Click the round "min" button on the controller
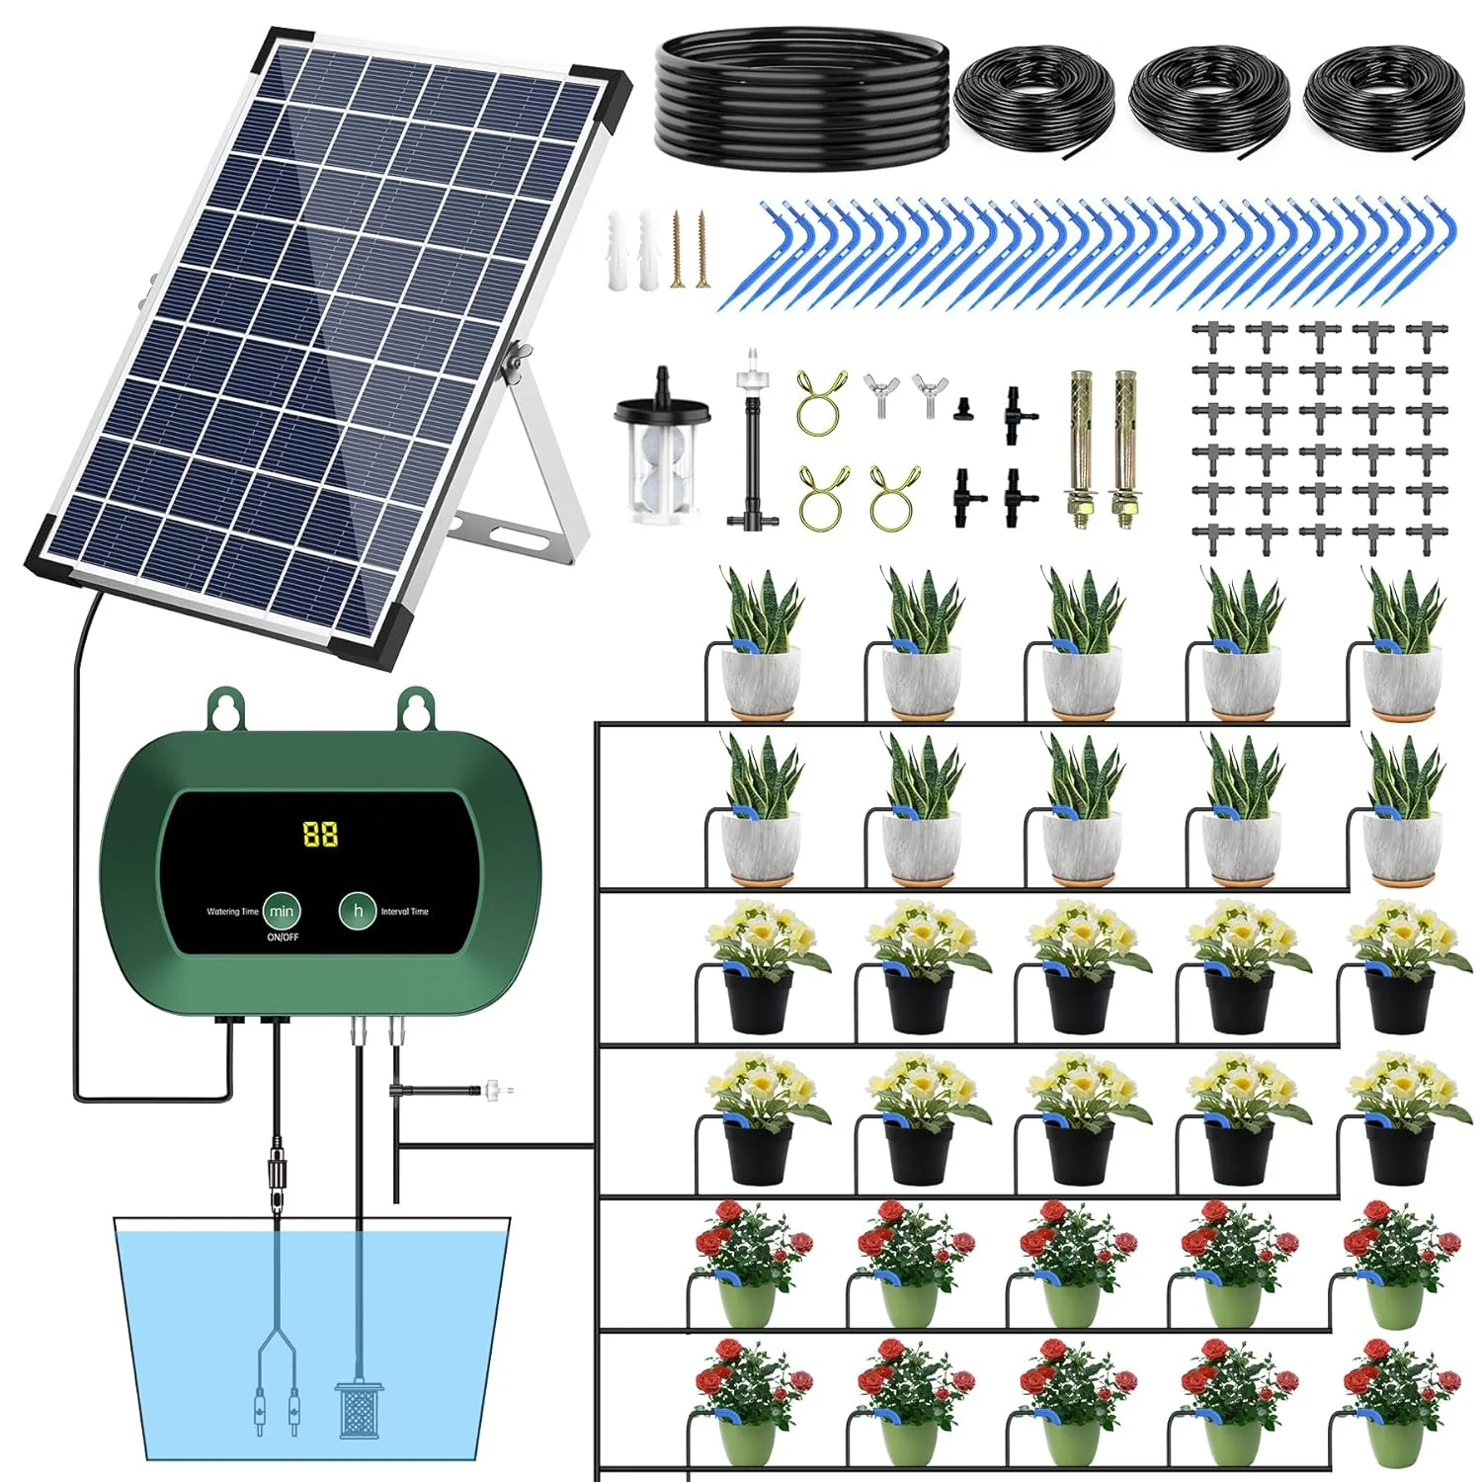[x=282, y=911]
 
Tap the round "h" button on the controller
[x=358, y=910]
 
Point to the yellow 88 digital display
[x=320, y=835]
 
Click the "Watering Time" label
[x=232, y=912]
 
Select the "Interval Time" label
[x=405, y=912]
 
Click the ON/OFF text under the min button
[x=282, y=938]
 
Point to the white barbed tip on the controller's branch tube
[x=499, y=1091]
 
